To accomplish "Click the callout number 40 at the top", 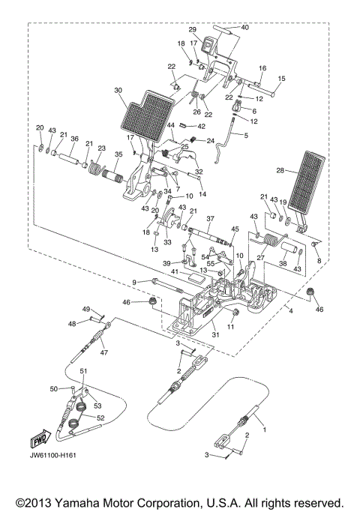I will pyautogui.click(x=244, y=27).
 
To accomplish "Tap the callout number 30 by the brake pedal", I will pyautogui.click(x=118, y=91).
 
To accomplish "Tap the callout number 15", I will pyautogui.click(x=282, y=79).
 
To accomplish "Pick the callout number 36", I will pyautogui.click(x=74, y=139).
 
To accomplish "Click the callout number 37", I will pyautogui.click(x=211, y=218).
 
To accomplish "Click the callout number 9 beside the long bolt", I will pyautogui.click(x=134, y=282).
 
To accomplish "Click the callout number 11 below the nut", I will pyautogui.click(x=230, y=327).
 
